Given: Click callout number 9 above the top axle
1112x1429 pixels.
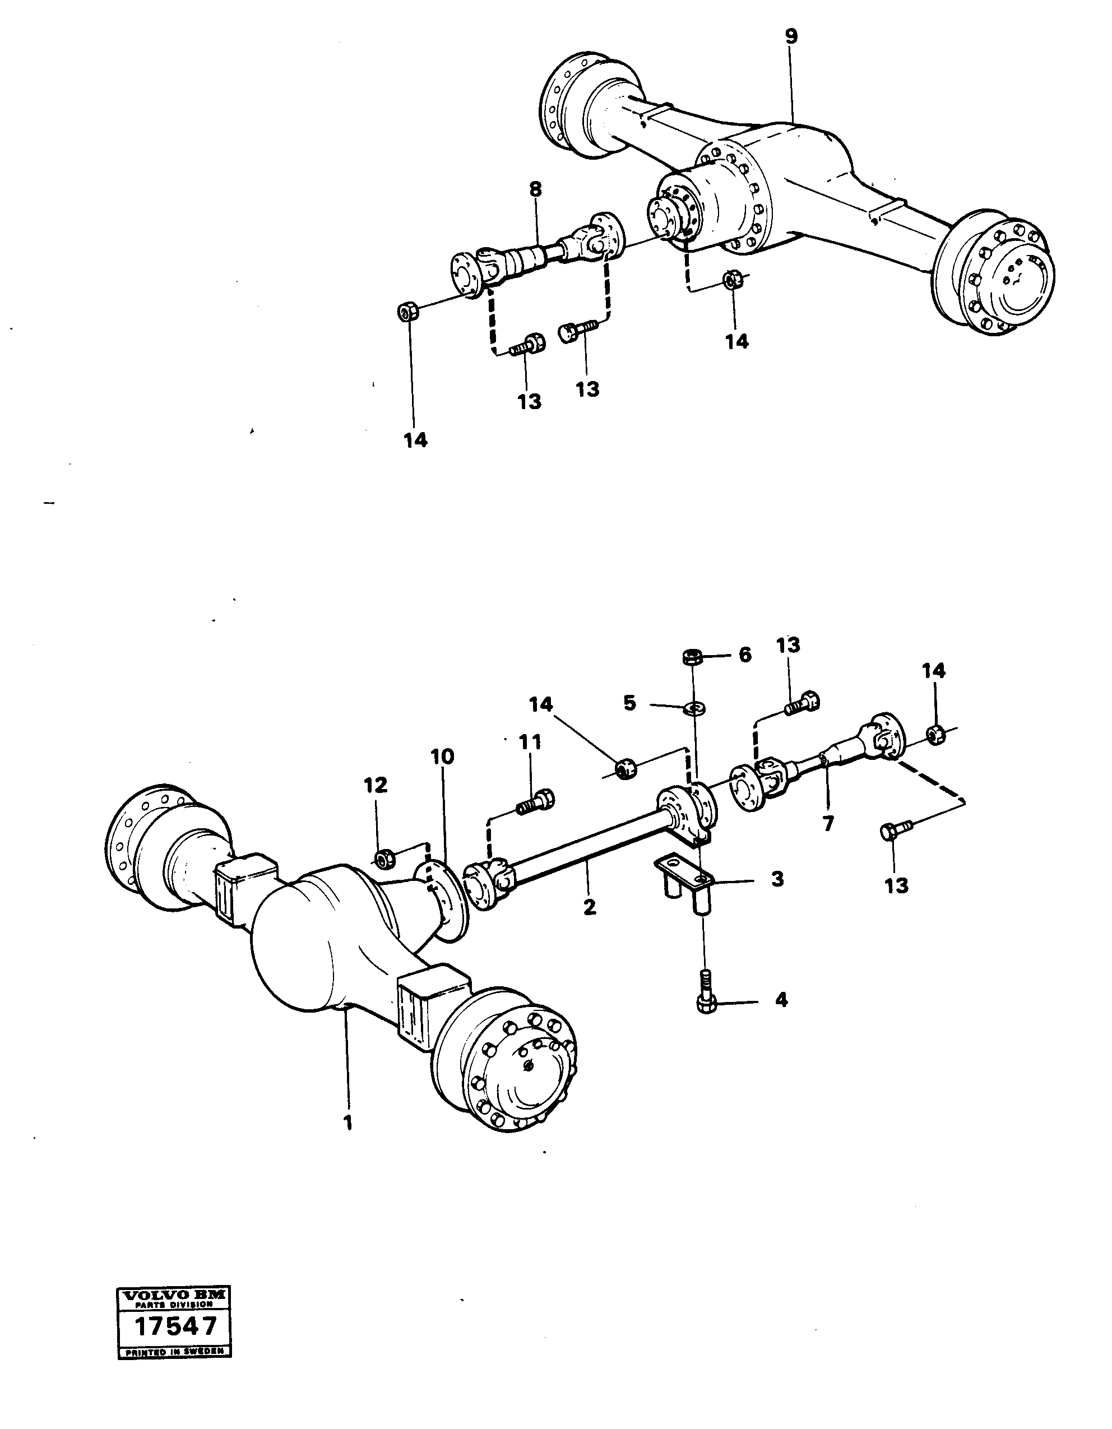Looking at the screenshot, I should click(791, 36).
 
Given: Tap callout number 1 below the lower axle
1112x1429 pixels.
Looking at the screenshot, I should click(347, 1123).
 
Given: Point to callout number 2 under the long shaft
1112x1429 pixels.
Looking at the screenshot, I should click(590, 907).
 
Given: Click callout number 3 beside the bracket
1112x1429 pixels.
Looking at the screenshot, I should click(777, 879).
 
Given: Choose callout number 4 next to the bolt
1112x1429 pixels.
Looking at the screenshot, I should click(781, 1000).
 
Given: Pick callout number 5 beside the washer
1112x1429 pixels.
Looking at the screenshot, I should click(629, 703).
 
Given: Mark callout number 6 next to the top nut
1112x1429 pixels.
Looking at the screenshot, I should click(745, 655).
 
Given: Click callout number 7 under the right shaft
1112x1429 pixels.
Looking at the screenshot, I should click(828, 823).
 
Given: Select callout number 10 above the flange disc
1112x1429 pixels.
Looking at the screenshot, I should click(442, 757).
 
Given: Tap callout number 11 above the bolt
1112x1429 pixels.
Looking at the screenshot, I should click(530, 742).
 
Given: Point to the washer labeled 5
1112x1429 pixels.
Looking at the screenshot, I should click(694, 707).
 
